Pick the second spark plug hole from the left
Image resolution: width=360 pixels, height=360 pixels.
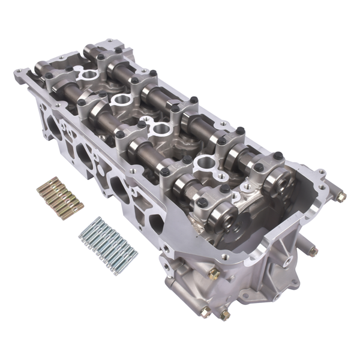pos(120,100)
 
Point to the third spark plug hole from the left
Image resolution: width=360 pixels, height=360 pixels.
pos(161,128)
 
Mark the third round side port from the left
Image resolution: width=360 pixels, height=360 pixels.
pos(118,186)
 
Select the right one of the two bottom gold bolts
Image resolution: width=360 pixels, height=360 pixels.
pos(225,314)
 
